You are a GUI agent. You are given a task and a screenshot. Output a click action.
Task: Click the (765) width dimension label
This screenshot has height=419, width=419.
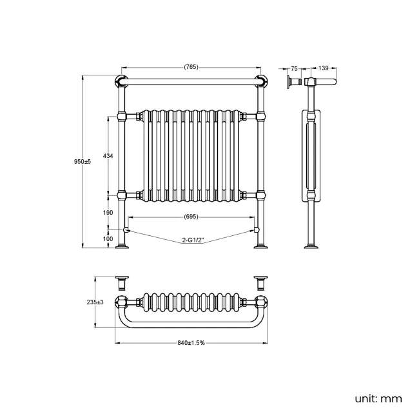pos(191,66)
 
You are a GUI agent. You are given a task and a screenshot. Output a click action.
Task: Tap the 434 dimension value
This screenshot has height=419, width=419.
pos(108,156)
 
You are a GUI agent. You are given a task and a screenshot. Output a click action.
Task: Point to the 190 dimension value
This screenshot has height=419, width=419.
pos(108,212)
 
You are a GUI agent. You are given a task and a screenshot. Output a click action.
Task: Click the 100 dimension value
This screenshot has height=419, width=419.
pos(108,239)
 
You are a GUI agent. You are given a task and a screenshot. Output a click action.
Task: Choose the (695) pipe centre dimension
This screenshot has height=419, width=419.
pos(191,217)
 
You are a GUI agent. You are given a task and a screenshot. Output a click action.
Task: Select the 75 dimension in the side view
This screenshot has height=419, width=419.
pos(294,68)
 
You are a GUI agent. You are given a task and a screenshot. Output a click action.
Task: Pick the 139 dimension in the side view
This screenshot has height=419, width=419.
pos(324,68)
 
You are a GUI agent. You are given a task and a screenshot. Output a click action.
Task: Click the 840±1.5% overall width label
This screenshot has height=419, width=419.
pos(191,342)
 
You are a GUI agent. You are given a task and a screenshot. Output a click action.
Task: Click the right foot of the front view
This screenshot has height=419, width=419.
pos(261,245)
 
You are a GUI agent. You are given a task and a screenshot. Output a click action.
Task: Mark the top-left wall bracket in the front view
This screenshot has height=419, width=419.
pos(120,81)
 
